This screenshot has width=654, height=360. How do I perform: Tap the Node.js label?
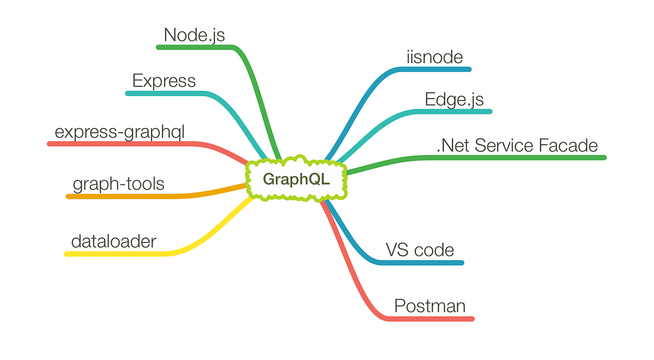194,35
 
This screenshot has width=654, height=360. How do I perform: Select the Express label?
164,81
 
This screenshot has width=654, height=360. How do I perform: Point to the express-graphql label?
120,132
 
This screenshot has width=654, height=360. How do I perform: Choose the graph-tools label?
118,184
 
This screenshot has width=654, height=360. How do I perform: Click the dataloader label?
114,241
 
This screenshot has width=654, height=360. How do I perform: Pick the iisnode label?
434,57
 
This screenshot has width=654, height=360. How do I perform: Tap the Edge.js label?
454,99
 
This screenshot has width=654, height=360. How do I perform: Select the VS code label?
420,250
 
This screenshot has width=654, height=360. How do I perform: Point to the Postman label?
429,306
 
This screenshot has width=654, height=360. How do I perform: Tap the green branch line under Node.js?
191,47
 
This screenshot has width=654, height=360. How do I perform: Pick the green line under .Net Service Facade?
518,157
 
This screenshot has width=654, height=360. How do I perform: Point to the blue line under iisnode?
436,69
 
